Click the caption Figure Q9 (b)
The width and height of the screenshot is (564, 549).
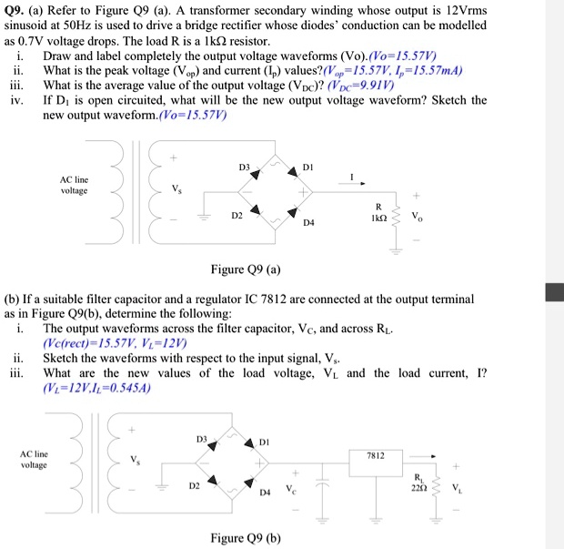coord(245,537)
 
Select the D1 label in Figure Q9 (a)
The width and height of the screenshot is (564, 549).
coord(307,168)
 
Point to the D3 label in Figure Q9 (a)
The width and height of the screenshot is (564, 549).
coord(244,168)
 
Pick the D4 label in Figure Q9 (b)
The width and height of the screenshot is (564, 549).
coord(266,493)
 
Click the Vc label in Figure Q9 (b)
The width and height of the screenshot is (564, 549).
coord(293,488)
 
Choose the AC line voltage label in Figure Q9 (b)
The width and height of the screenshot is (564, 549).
coord(34,459)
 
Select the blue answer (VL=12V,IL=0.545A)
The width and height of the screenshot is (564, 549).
coord(96,387)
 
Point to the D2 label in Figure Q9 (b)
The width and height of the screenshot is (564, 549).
coord(194,486)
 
